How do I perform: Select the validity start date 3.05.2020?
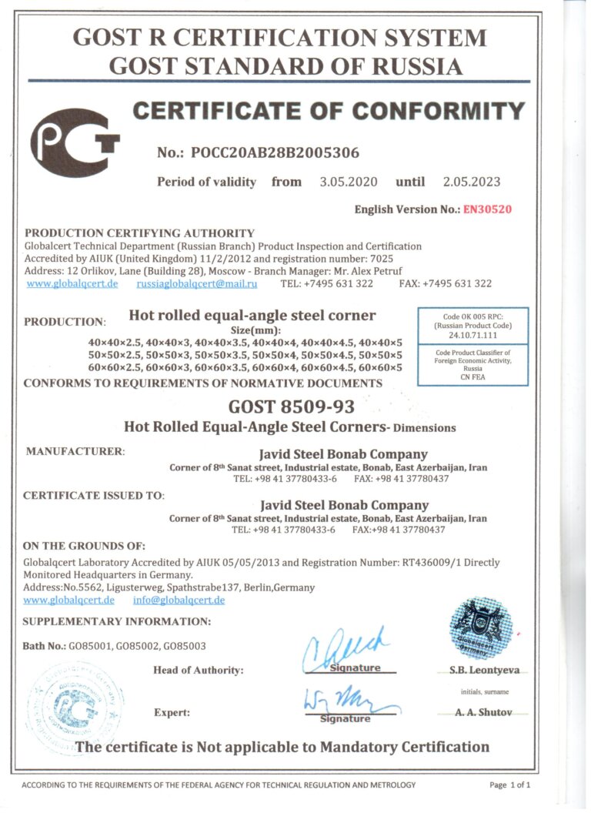pos(349,182)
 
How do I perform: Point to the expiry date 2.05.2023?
pos(471,182)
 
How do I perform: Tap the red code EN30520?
pos(487,209)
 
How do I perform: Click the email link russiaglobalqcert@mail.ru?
pos(197,283)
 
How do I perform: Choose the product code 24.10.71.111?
pos(472,336)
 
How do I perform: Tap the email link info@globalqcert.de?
pos(179,600)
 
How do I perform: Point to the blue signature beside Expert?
pos(350,702)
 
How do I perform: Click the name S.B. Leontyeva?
pos(484,670)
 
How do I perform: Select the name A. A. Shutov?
pos(483,713)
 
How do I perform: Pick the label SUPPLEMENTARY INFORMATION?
pos(116,621)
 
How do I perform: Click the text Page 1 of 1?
pos(509,785)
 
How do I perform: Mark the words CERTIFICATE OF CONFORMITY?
pos(329,112)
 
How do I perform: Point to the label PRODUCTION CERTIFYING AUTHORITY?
pos(139,233)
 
